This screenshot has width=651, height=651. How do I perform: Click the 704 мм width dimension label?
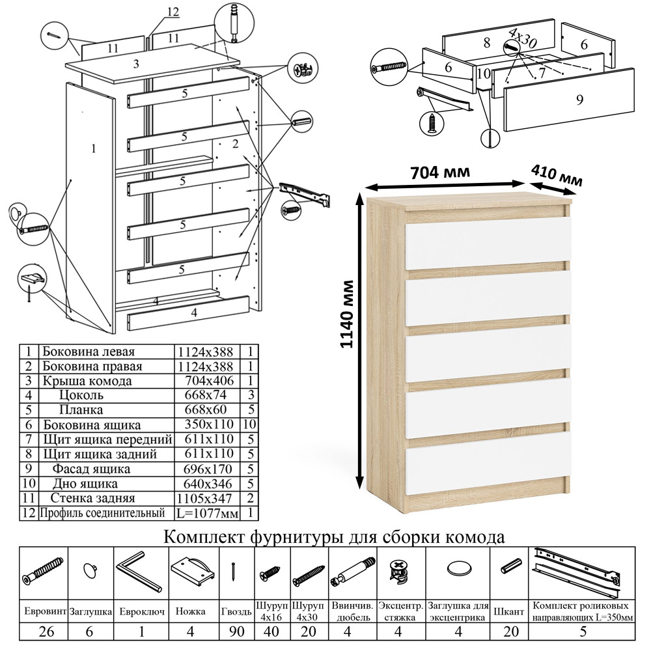pyautogui.click(x=440, y=173)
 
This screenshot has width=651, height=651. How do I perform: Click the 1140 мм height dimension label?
pyautogui.click(x=349, y=314)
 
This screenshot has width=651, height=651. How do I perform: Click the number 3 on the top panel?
pyautogui.click(x=136, y=64)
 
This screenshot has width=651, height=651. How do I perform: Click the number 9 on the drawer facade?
pyautogui.click(x=579, y=100)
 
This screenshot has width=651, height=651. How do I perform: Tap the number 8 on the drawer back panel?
pyautogui.click(x=486, y=44)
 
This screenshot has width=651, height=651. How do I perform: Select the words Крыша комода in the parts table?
pyautogui.click(x=87, y=381)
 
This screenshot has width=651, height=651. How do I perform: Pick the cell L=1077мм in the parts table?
pyautogui.click(x=208, y=514)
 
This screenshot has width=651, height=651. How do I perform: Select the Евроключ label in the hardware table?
pyautogui.click(x=141, y=611)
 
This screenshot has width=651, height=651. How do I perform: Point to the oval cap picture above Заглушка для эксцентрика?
pyautogui.click(x=458, y=568)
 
